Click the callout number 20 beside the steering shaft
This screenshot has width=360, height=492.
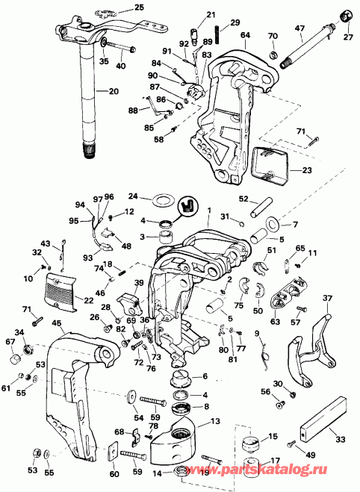click(114, 91)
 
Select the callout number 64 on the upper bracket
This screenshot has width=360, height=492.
click(246, 35)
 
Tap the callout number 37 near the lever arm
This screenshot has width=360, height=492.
click(326, 299)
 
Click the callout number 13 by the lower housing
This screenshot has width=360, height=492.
click(215, 422)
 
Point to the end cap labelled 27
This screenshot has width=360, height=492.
click(347, 16)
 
